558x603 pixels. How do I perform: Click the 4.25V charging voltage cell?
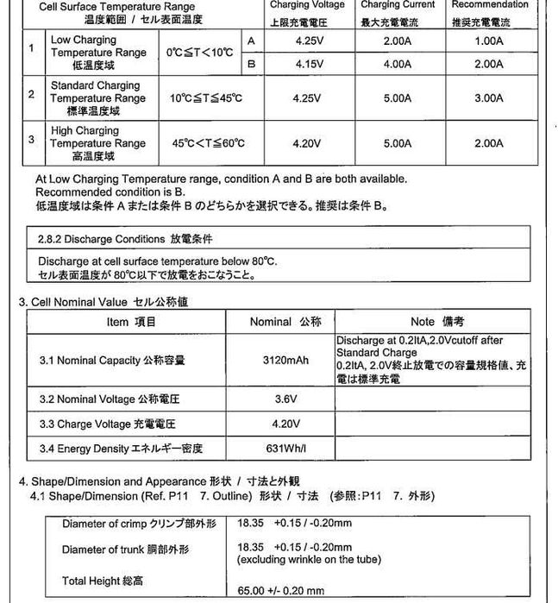(x=308, y=41)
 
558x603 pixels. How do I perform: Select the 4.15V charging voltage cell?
(x=308, y=64)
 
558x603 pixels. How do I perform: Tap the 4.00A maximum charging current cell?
(x=398, y=64)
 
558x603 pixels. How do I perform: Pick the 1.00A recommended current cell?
(x=489, y=41)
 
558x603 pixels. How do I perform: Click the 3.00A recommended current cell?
(x=489, y=98)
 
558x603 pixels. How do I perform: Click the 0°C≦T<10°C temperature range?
(x=200, y=53)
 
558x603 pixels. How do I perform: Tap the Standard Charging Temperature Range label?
(x=97, y=98)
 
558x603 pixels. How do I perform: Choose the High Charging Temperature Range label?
(x=97, y=143)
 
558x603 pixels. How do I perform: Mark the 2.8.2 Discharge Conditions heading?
(x=124, y=238)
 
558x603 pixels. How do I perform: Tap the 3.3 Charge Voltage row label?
(x=107, y=424)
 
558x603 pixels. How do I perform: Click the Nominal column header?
(x=285, y=322)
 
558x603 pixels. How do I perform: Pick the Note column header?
(x=436, y=322)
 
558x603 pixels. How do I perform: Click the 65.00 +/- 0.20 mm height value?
(x=280, y=591)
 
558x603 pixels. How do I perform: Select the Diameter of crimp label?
(x=138, y=524)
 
